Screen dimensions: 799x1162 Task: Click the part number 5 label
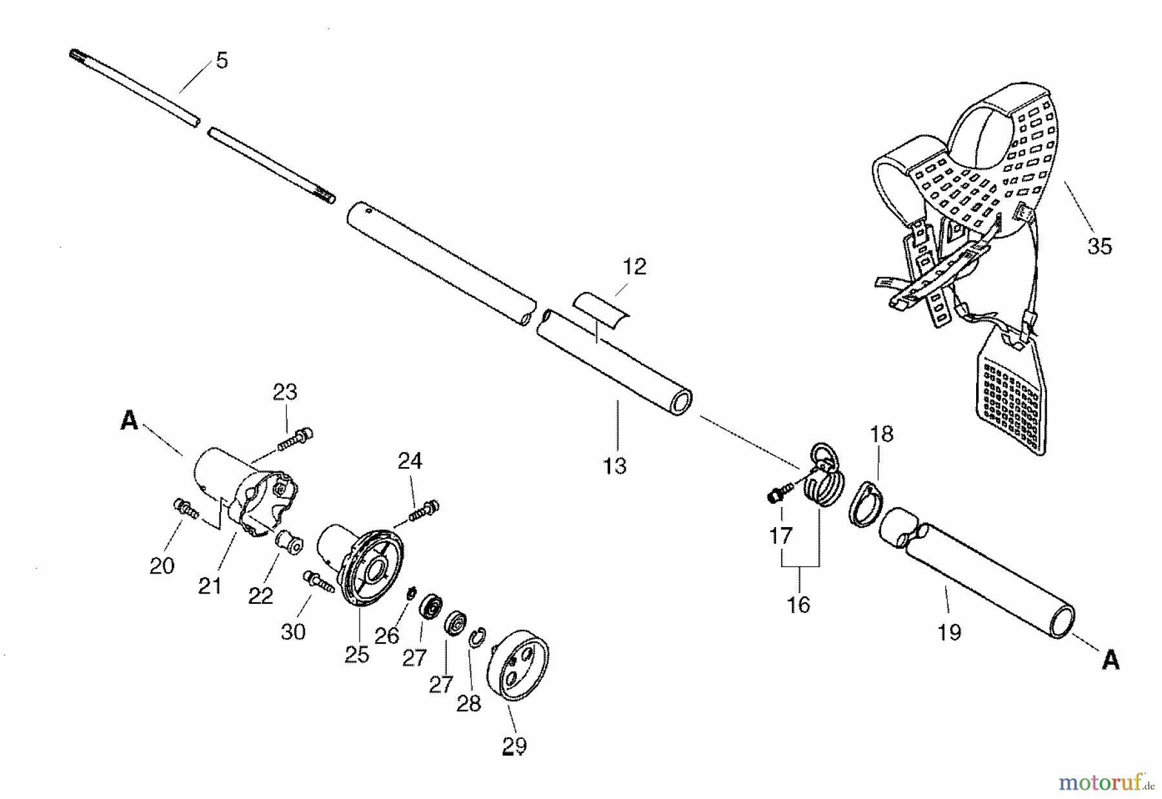coord(221,61)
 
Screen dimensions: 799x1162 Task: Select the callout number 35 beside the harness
coord(1099,246)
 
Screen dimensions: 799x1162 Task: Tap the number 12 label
coord(635,267)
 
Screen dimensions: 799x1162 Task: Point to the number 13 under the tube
coord(615,465)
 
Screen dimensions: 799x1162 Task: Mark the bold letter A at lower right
coord(1110,659)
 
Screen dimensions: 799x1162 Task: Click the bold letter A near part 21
coord(129,421)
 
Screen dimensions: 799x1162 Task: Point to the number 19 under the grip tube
coord(950,631)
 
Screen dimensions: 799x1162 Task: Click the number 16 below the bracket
coord(799,605)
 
